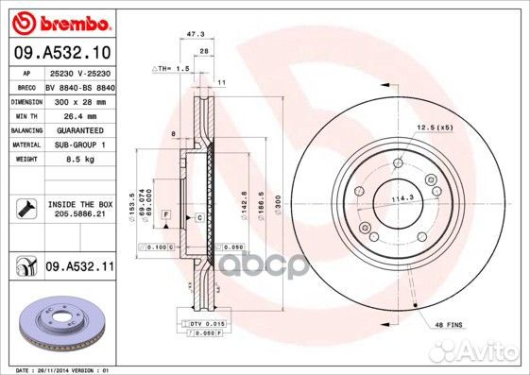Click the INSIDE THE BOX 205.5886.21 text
(78, 209)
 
